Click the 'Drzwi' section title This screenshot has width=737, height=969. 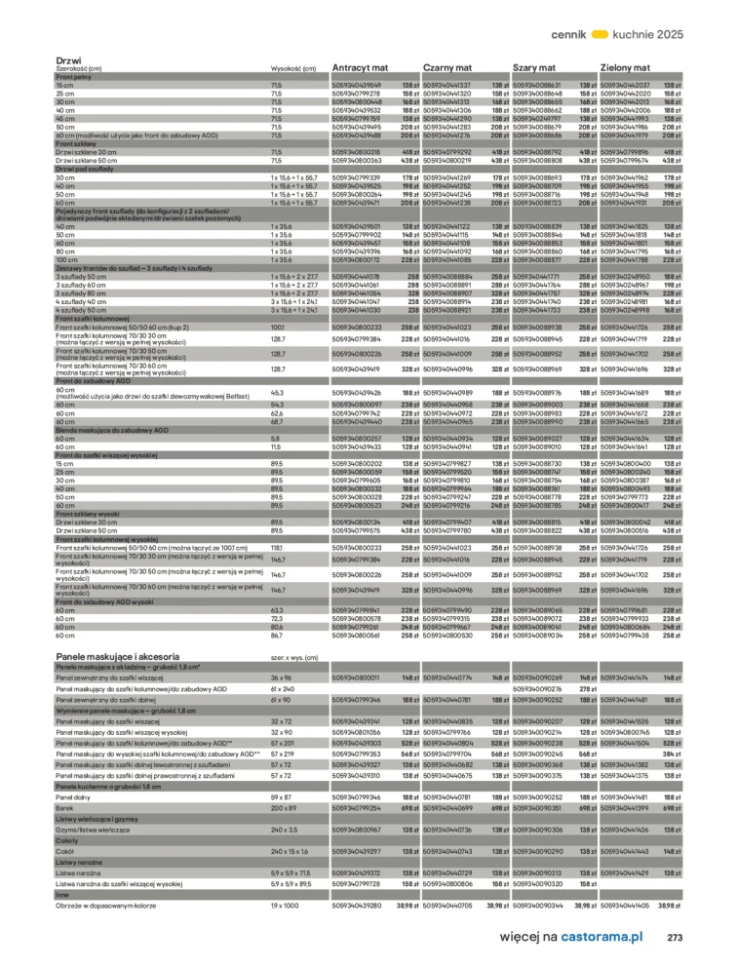[68, 60]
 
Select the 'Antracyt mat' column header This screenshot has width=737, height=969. [361, 68]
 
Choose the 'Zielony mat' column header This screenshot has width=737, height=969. [628, 68]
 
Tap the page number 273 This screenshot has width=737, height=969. [675, 937]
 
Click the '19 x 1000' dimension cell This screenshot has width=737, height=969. [284, 906]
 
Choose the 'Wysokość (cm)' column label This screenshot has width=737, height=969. [292, 69]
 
